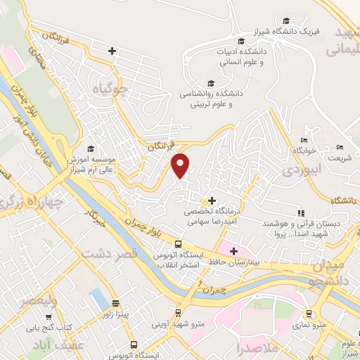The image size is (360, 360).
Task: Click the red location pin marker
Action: tap(181, 165)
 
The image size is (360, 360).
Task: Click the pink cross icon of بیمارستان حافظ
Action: tap(233, 251)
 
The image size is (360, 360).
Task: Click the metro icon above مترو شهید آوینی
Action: tap(179, 293)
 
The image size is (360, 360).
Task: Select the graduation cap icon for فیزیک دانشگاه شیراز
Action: tap(285, 20)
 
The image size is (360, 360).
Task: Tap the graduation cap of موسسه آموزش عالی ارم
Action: tap(90, 149)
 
